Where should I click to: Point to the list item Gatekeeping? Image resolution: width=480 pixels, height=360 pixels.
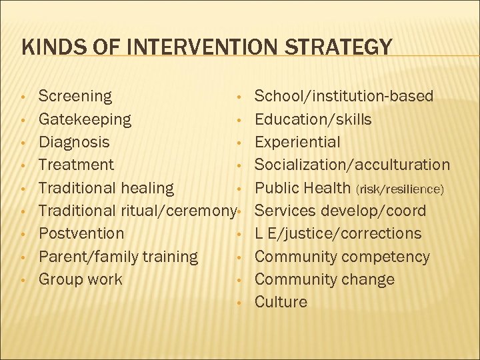click(x=85, y=120)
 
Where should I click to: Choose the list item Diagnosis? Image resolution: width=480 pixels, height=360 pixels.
click(x=74, y=143)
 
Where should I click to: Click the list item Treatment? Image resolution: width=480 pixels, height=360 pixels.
click(x=76, y=165)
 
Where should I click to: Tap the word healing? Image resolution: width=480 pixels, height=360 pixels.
click(x=144, y=189)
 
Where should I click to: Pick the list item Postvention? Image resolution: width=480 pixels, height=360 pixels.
click(x=81, y=234)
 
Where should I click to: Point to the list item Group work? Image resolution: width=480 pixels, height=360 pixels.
click(x=81, y=279)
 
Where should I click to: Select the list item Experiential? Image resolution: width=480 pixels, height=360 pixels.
click(x=297, y=143)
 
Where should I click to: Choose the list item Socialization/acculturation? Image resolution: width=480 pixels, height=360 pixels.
click(x=353, y=165)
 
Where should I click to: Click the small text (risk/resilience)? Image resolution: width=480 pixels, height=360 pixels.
click(x=400, y=189)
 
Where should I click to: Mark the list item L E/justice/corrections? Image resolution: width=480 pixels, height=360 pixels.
click(x=338, y=234)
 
